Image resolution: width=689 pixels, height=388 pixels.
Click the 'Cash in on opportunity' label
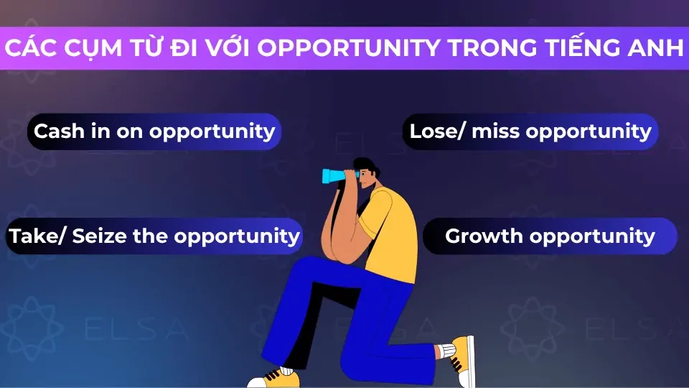click(x=154, y=131)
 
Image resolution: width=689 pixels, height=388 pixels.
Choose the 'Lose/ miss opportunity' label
click(x=530, y=131)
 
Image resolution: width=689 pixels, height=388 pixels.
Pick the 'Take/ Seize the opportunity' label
click(x=154, y=236)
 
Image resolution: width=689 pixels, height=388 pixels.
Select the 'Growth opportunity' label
click(x=550, y=236)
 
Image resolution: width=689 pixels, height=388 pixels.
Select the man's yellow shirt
click(x=391, y=230)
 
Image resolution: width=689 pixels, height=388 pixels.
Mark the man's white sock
click(x=446, y=351)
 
